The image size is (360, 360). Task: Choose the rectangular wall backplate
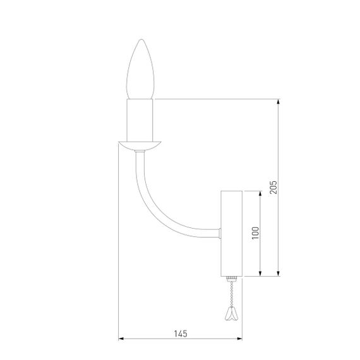[x=231, y=233]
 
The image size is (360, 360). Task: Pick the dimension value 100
[x=255, y=233]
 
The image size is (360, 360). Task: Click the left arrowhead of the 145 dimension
[x=122, y=340]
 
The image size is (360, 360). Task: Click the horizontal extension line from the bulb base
[x=215, y=99]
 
